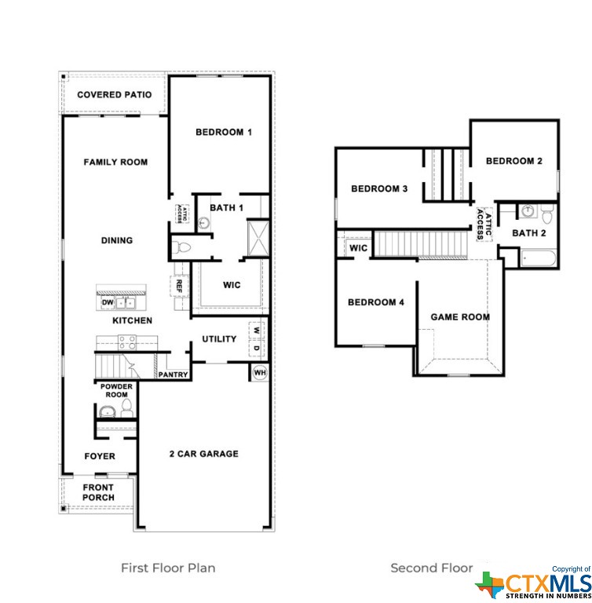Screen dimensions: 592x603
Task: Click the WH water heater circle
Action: click(260, 372)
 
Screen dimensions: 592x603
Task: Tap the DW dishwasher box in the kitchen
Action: click(108, 302)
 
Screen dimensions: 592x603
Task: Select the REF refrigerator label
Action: click(179, 286)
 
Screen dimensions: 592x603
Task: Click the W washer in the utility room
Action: click(257, 331)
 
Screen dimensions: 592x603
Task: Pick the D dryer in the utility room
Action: click(257, 349)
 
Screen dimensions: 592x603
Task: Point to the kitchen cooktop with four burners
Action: click(127, 342)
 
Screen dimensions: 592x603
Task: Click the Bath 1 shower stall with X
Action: click(258, 238)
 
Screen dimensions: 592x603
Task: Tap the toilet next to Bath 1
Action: click(181, 247)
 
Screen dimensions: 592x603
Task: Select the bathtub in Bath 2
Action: click(538, 258)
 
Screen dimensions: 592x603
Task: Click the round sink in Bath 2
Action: click(528, 210)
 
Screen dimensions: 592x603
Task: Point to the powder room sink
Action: click(108, 411)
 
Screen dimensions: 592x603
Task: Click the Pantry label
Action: click(173, 375)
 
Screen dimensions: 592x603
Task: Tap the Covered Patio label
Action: click(115, 94)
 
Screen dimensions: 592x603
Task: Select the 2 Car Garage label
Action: click(204, 454)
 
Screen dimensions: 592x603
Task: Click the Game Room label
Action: click(460, 317)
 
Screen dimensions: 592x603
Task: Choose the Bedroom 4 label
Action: click(376, 302)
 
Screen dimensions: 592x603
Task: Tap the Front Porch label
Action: click(98, 492)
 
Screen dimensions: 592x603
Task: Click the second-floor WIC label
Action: click(358, 248)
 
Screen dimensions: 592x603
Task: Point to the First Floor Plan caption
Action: click(168, 568)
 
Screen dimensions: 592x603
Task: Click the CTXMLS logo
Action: click(533, 583)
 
